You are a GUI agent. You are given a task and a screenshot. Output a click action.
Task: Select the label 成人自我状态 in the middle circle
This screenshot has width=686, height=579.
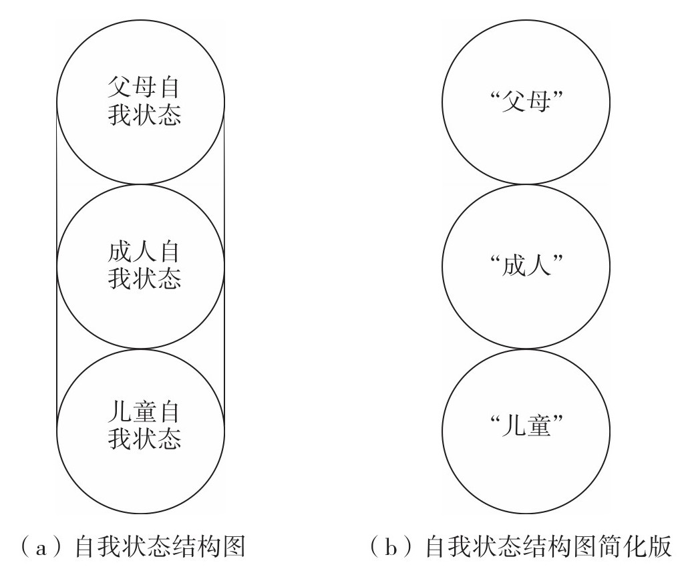pyautogui.click(x=144, y=265)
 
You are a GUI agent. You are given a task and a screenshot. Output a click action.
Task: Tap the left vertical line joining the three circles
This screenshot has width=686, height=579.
pyautogui.click(x=57, y=267)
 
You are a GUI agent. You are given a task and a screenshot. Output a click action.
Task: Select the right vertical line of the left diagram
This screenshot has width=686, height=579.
pyautogui.click(x=224, y=267)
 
